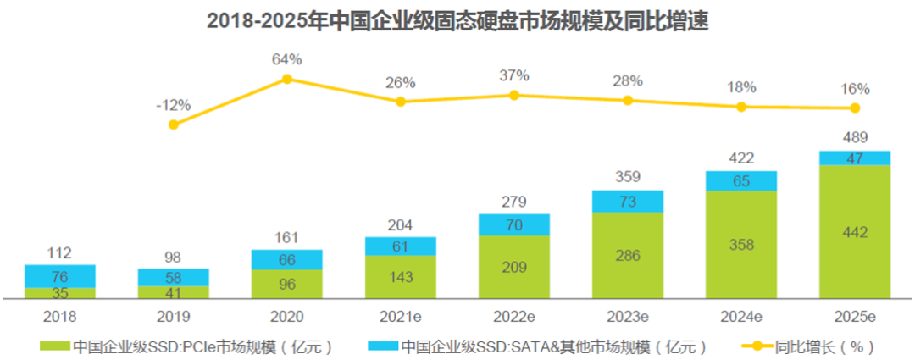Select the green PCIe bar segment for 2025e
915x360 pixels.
pos(854,231)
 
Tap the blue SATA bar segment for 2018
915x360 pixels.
pos(59,276)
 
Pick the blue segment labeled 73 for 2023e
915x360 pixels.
pos(627,202)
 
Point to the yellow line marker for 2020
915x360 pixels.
pos(286,79)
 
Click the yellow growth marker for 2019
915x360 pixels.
pos(173,124)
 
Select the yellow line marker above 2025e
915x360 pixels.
pos(854,108)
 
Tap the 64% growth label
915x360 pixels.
pos(286,59)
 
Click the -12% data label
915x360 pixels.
pos(173,105)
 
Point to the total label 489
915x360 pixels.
pos(854,137)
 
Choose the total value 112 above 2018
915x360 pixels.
pos(59,252)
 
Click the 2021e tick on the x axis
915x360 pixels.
pos(400,317)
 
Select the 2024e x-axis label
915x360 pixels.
pos(740,317)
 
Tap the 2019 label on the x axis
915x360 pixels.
pos(173,317)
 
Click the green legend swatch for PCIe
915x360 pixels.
pos(54,346)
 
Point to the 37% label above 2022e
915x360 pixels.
pos(513,75)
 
